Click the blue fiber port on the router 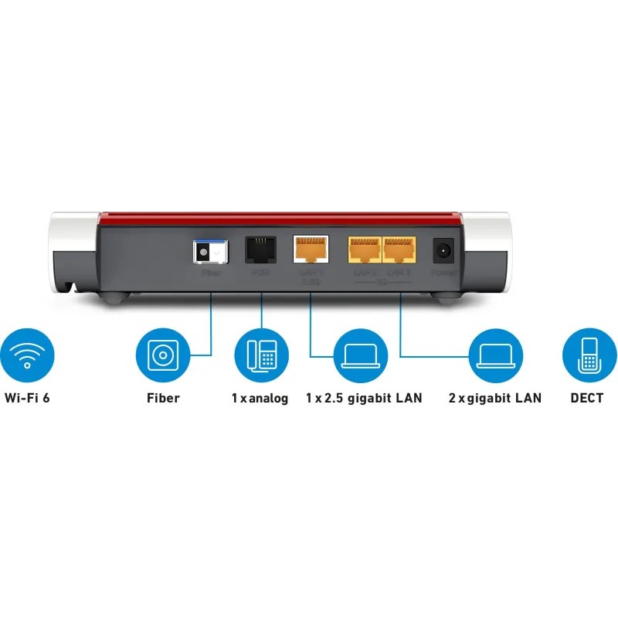pos(211,250)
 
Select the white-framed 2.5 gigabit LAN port pos(310,249)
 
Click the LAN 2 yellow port pos(363,249)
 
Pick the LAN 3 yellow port pos(399,249)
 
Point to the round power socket pos(443,250)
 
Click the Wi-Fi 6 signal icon pos(28,355)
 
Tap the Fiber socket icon pos(162,355)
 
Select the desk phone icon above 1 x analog pos(261,355)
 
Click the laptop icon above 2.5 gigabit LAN pos(360,355)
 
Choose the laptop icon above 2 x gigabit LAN pos(495,355)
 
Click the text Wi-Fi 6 pos(31,399)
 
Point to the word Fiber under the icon pos(163,399)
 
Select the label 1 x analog pos(260,399)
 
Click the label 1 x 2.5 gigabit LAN pos(364,399)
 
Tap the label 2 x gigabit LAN pos(494,399)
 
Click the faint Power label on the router pos(443,272)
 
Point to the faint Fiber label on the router pos(211,272)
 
